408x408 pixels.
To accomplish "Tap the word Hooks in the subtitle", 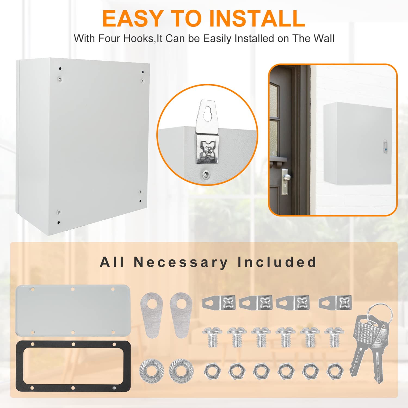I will (x=138, y=39).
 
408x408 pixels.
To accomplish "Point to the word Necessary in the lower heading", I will (x=181, y=262).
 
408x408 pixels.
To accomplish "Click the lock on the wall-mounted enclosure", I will (x=385, y=147).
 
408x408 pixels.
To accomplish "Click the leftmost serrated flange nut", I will (x=151, y=370).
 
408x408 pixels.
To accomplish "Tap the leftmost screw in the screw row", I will (x=212, y=337).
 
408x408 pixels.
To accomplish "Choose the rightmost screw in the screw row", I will (x=334, y=337).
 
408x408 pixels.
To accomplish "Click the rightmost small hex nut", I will (x=335, y=371).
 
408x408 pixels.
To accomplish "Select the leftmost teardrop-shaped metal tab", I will (x=152, y=315).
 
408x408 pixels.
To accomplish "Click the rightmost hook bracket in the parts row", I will (x=335, y=302).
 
